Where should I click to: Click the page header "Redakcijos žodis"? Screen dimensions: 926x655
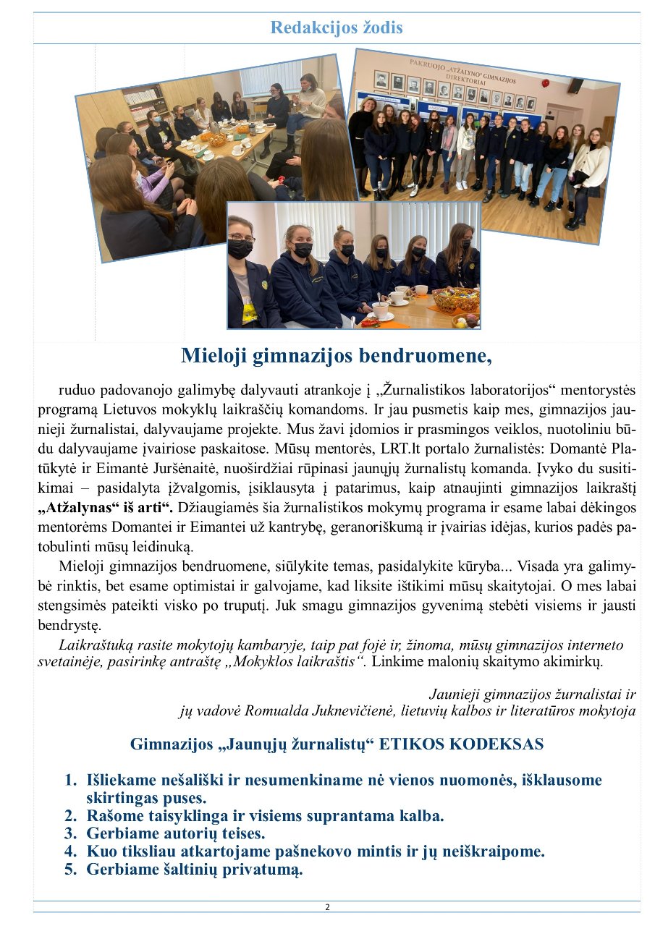[x=336, y=28]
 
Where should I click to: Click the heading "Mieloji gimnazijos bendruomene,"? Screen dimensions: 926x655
[x=336, y=356]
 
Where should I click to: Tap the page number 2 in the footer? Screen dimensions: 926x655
[x=327, y=906]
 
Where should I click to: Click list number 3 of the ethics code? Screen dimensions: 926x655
[x=70, y=833]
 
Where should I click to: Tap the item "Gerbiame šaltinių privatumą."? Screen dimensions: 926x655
[x=194, y=870]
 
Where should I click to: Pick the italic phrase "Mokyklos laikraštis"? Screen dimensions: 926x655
[x=304, y=660]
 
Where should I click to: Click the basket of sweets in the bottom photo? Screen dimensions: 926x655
[x=457, y=298]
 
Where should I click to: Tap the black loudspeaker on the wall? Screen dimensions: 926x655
[x=575, y=85]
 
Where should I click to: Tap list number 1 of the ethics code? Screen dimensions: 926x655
[x=70, y=780]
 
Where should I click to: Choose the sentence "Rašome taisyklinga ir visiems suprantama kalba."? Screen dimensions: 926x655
[x=265, y=816]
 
